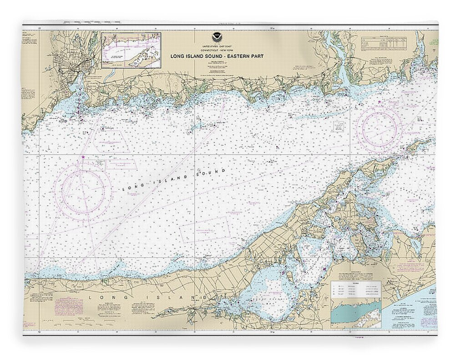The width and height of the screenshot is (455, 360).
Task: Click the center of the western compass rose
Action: (83, 189)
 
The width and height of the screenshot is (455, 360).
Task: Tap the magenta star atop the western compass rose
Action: (83, 157)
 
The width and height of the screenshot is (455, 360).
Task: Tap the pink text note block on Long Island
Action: (69, 306)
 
